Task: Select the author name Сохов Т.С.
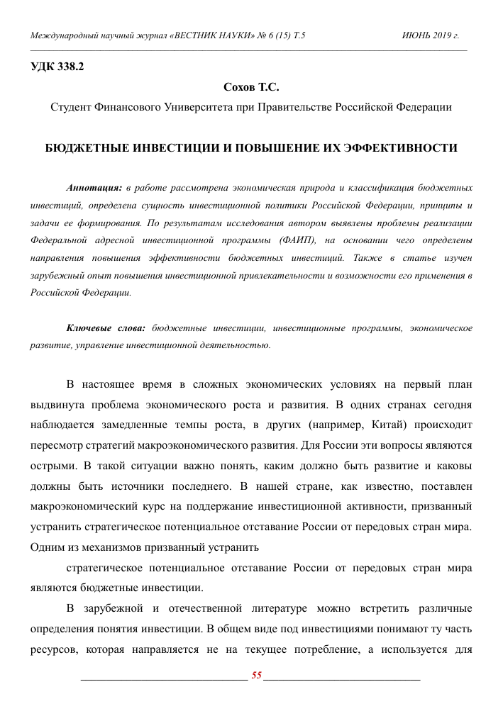pos(251,88)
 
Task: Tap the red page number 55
pos(257,675)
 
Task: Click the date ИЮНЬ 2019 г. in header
pos(431,35)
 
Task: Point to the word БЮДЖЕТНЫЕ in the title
pos(84,148)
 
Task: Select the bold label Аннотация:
pos(94,188)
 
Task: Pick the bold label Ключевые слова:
pos(106,328)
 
